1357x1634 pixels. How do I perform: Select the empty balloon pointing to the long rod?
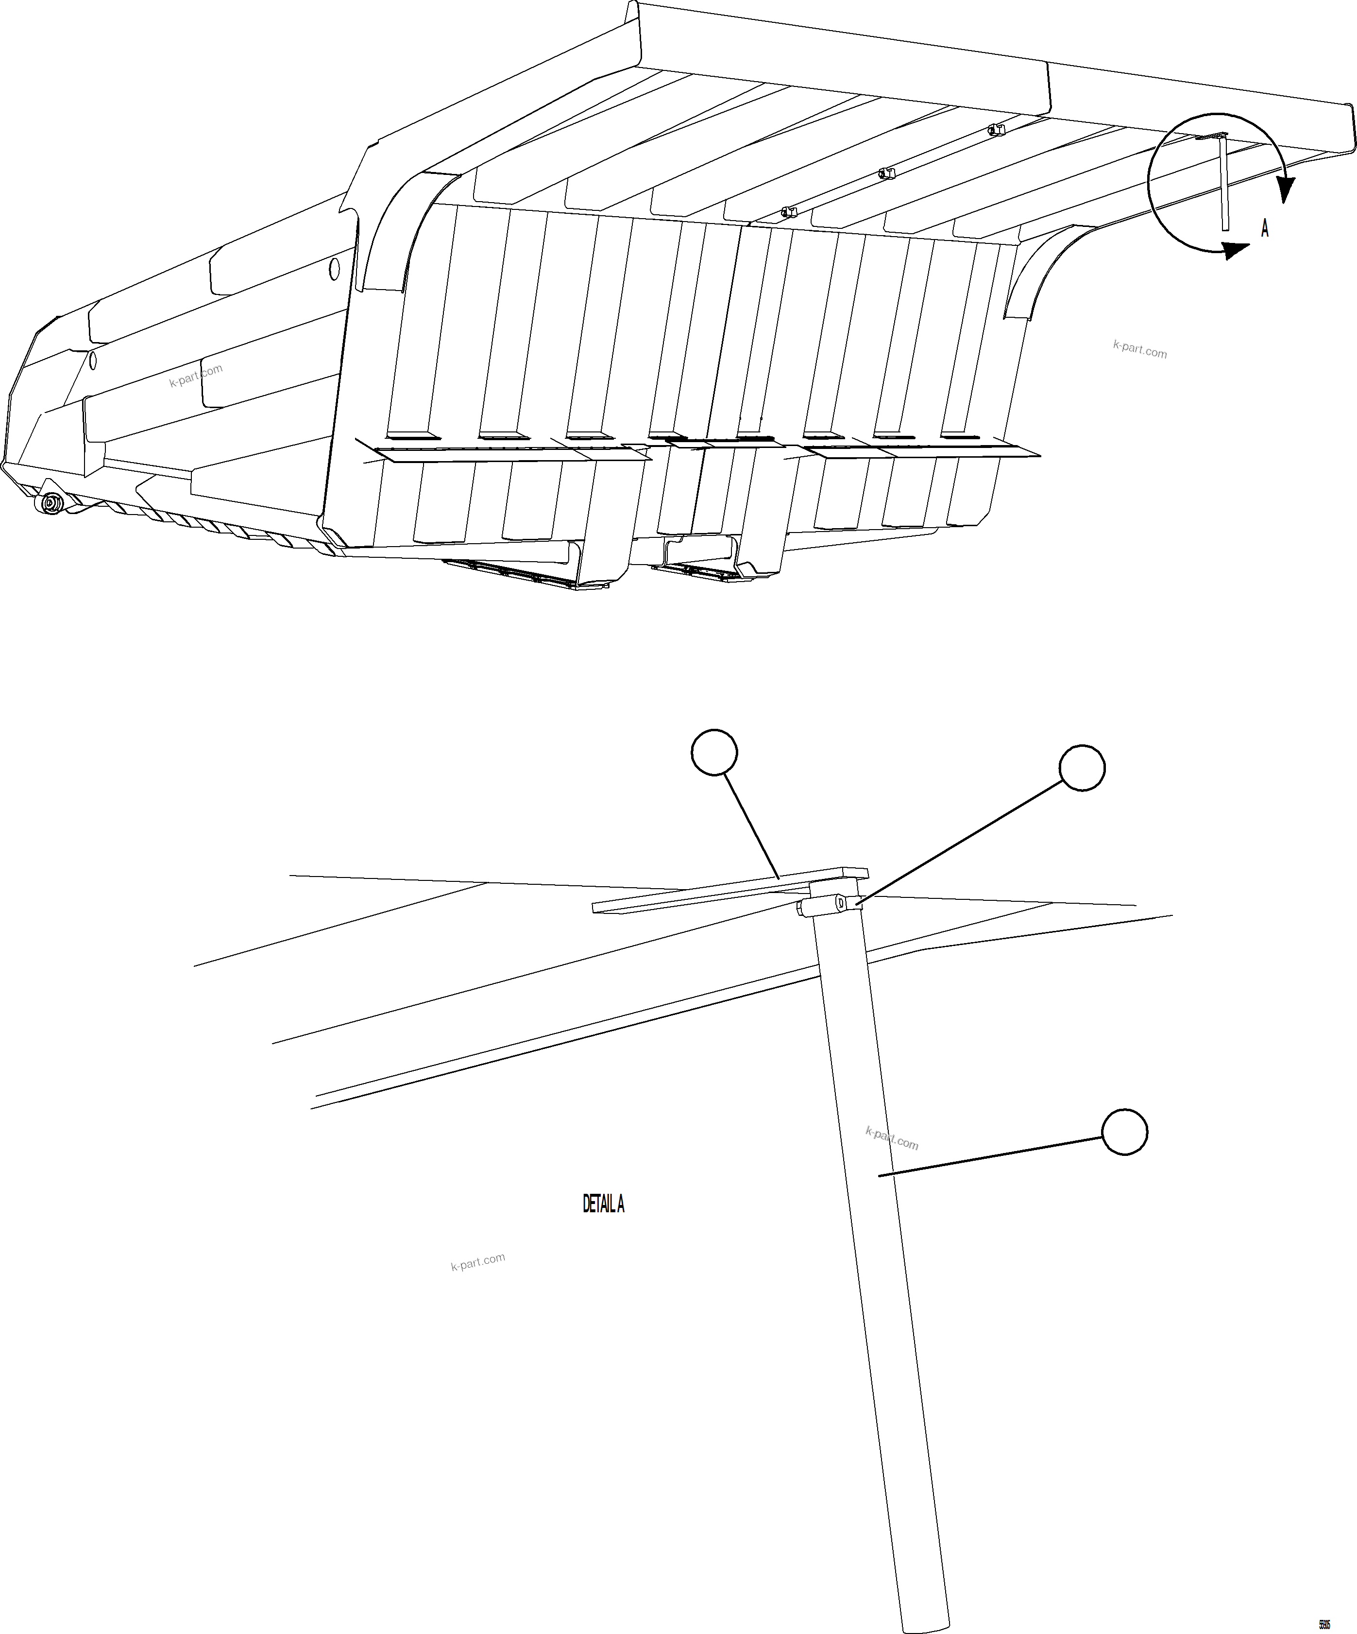click(x=1124, y=1132)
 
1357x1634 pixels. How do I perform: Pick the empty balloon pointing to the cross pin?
click(x=1082, y=768)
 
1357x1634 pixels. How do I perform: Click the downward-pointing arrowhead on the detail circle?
click(x=1286, y=189)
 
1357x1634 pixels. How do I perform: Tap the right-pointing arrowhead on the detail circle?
click(x=1235, y=250)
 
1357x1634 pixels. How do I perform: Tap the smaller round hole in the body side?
click(x=93, y=360)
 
